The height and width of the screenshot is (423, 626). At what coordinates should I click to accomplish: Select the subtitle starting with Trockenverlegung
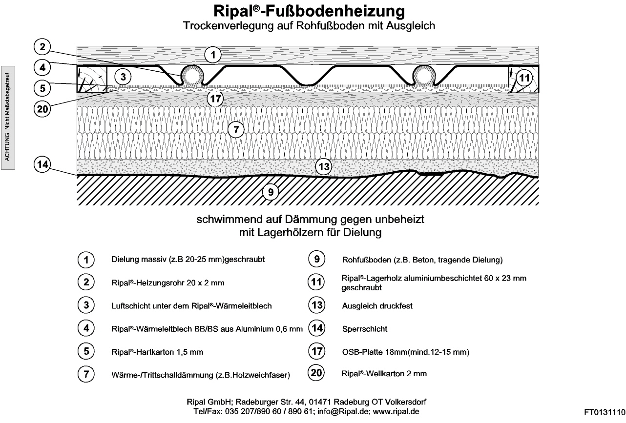309,25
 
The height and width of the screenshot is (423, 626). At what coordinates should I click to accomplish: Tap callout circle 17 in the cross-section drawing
215,99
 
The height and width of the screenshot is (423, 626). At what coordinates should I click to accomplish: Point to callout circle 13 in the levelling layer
324,167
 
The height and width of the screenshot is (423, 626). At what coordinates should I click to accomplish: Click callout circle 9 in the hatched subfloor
270,192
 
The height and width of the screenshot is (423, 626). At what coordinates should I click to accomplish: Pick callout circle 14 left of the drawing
42,164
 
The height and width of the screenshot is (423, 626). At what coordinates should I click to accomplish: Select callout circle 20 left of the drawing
42,108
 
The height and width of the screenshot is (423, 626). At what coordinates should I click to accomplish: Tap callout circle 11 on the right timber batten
523,78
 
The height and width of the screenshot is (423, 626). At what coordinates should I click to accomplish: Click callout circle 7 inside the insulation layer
236,130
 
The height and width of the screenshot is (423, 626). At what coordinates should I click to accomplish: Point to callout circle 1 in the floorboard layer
212,55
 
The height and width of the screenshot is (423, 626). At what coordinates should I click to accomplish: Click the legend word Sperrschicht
365,329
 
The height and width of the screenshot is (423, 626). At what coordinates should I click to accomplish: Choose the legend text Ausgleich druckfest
377,306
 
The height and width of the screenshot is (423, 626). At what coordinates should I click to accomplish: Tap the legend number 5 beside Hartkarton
86,351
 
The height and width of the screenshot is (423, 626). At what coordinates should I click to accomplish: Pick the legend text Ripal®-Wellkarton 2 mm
384,374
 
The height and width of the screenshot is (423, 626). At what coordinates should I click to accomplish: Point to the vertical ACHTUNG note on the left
8,118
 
